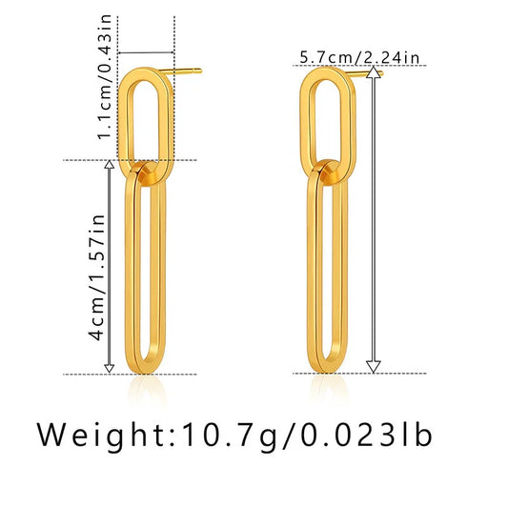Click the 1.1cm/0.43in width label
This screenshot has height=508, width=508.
[x=105, y=77]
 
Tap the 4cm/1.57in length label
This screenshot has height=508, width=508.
[x=97, y=277]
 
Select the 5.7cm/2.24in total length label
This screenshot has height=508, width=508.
[x=359, y=58]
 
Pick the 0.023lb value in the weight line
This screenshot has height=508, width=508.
[x=367, y=436]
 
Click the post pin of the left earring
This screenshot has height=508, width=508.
[x=180, y=71]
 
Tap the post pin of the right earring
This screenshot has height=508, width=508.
[x=363, y=73]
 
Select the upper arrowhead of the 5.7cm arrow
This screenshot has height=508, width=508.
[x=374, y=71]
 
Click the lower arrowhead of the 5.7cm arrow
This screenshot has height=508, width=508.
[x=374, y=366]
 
